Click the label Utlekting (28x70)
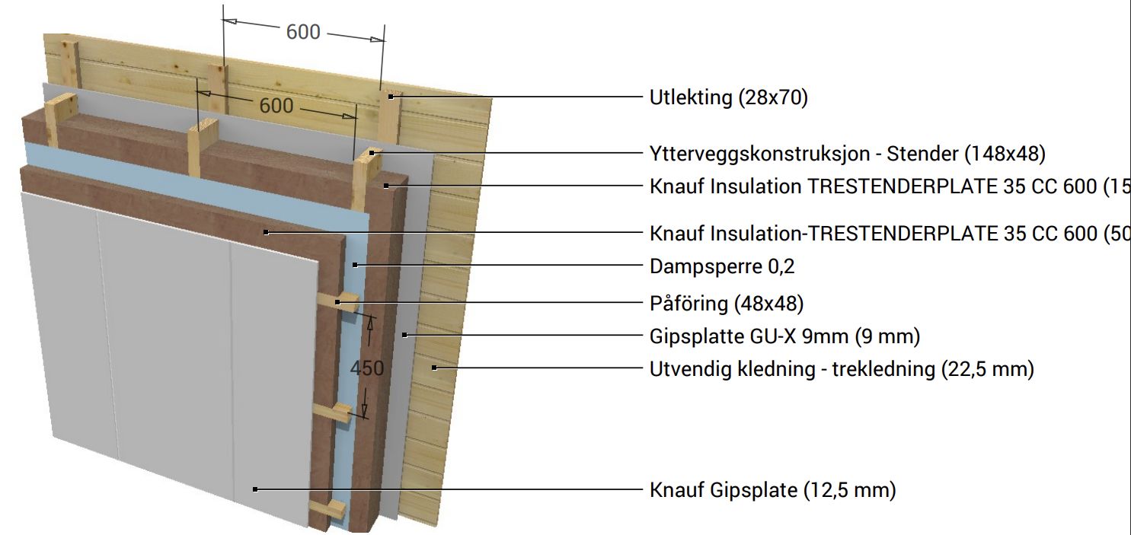point(728,97)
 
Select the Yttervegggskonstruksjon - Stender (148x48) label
point(847,154)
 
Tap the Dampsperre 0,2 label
point(723,266)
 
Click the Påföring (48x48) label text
point(727,304)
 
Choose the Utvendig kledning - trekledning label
point(842,369)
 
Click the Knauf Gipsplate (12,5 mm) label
point(772,490)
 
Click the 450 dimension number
point(366,368)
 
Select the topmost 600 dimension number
point(303,32)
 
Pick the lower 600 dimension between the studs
point(276,105)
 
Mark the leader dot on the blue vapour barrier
point(355,266)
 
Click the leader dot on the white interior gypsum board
point(256,489)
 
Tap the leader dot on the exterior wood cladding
point(434,368)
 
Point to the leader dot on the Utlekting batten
point(390,97)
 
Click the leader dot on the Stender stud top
point(372,153)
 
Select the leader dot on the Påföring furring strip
point(337,303)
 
